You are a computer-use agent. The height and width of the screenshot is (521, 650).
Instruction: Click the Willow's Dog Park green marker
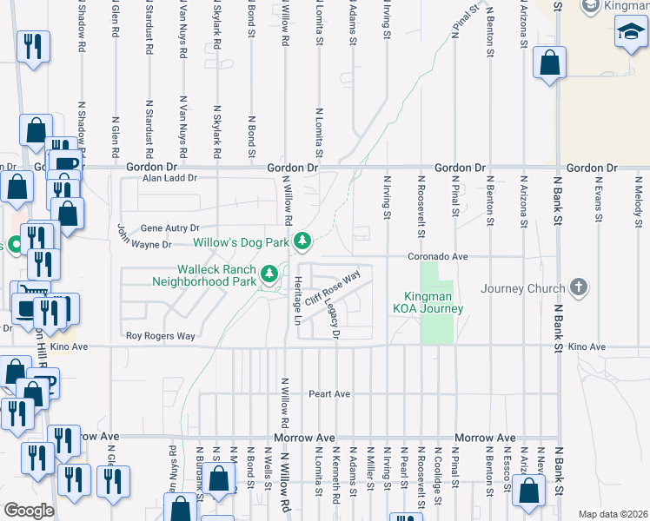pyautogui.click(x=302, y=240)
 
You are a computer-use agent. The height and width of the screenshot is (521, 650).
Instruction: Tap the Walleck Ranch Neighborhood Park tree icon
pyautogui.click(x=270, y=274)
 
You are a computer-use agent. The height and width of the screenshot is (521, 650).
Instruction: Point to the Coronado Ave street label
pyautogui.click(x=440, y=257)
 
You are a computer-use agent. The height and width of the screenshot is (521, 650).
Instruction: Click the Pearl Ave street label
pyautogui.click(x=329, y=393)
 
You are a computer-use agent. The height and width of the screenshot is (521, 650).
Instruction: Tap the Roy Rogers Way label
pyautogui.click(x=161, y=335)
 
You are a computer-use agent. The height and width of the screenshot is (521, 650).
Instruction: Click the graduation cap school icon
pyautogui.click(x=631, y=33)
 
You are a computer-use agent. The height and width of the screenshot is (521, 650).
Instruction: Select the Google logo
pyautogui.click(x=29, y=510)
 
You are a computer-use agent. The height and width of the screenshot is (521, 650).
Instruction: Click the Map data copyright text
pyautogui.click(x=613, y=514)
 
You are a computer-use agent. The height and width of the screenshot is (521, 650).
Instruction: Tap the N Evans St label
pyautogui.click(x=598, y=199)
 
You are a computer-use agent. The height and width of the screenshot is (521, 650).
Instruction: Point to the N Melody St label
pyautogui.click(x=637, y=199)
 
